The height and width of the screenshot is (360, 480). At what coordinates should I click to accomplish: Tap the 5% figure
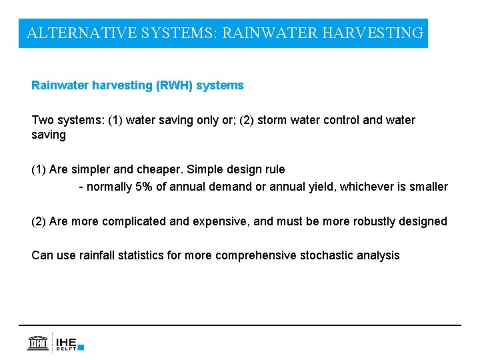point(143,187)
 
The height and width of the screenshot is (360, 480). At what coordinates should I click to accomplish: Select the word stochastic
point(326,255)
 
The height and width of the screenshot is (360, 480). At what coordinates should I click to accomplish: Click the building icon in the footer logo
point(37,343)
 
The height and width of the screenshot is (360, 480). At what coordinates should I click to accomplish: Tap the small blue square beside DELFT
point(81,347)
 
